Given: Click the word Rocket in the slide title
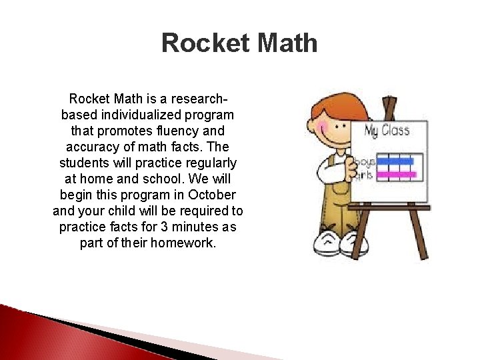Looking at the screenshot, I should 197,44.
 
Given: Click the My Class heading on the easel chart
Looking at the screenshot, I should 387,129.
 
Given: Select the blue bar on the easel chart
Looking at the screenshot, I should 395,161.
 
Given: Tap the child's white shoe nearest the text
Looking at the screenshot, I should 329,241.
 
